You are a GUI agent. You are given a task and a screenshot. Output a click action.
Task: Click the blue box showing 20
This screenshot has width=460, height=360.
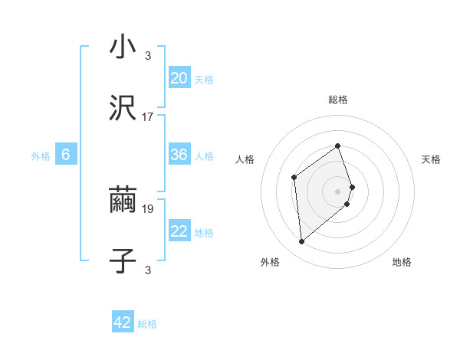179,78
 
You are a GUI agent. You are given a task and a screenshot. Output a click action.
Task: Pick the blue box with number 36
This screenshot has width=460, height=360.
179,155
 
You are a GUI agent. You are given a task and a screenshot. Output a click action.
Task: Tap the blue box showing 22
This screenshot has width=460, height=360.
179,231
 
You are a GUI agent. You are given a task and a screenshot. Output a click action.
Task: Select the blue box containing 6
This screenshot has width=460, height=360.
66,155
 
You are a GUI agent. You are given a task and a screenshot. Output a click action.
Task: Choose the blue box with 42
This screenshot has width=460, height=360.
123,322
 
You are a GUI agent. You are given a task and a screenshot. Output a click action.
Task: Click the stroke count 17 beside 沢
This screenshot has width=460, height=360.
148,117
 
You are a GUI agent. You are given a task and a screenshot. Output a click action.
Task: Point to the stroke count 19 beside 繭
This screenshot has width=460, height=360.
148,208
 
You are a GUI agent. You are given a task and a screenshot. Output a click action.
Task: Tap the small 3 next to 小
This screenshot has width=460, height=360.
148,55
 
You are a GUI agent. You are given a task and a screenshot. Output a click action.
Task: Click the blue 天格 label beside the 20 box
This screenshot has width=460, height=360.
204,80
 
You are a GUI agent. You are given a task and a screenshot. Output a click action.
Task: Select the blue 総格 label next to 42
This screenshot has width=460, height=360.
147,324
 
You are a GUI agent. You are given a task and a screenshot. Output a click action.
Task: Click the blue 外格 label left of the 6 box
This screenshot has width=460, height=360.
41,156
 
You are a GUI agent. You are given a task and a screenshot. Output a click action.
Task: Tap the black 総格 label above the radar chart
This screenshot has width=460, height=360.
337,100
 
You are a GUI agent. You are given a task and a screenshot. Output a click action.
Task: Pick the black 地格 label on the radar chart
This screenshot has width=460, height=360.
402,263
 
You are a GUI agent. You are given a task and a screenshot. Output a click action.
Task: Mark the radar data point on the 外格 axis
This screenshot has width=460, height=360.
301,242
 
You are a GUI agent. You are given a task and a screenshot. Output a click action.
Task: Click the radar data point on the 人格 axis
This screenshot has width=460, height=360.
294,178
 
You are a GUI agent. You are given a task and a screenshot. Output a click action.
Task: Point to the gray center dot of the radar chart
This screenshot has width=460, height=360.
337,191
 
